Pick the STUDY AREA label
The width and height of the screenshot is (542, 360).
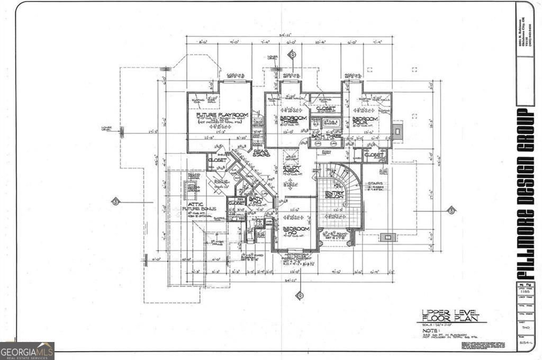click(x=292, y=170)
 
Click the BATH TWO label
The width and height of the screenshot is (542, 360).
click(x=254, y=202)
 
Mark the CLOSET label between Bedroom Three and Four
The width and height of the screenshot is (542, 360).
click(x=326, y=109)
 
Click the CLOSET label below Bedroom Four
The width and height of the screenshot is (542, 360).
click(x=374, y=155)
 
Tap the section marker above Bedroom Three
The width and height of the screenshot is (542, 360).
click(x=291, y=55)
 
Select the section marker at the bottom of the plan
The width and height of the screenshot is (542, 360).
click(x=300, y=295)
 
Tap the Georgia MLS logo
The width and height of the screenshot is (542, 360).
click(x=27, y=350)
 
